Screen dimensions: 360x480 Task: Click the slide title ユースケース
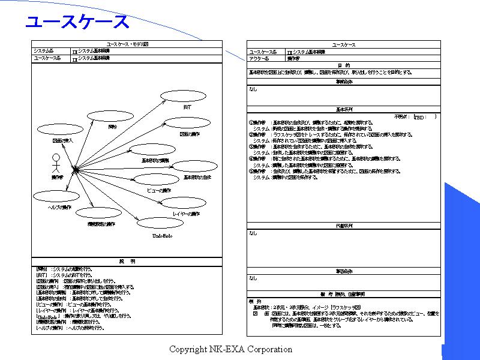coord(77,22)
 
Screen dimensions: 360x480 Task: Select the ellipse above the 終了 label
coord(182,97)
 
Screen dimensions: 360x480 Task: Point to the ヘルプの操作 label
coord(60,208)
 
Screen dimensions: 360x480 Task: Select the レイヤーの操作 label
coord(185,214)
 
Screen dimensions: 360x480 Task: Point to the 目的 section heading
coord(343,65)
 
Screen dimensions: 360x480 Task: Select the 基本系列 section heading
coord(343,110)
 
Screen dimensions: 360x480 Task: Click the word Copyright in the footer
coord(188,349)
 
